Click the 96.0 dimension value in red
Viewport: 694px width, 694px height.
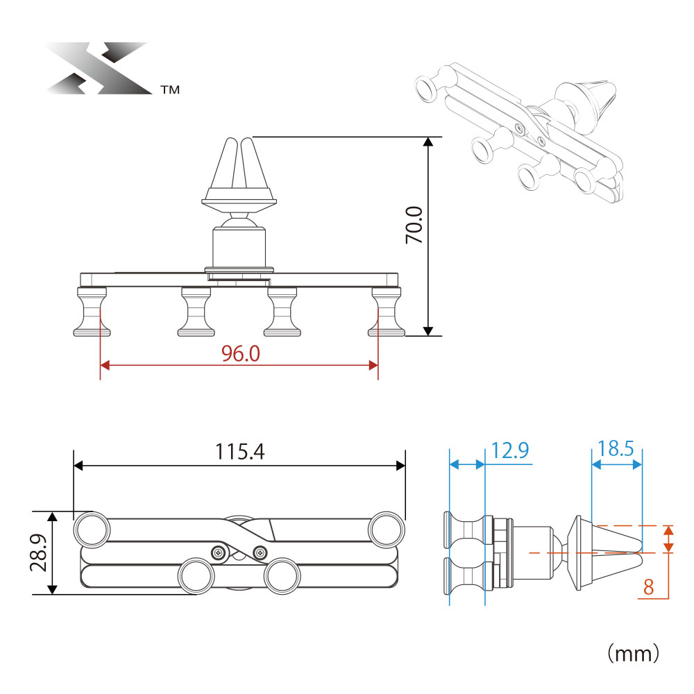(x=240, y=354)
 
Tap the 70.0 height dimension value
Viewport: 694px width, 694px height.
(x=414, y=225)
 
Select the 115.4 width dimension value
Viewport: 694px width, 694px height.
(x=239, y=452)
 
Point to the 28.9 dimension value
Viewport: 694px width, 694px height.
(x=39, y=552)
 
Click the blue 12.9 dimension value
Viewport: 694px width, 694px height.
(x=510, y=450)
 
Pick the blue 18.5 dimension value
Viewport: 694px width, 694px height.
(x=616, y=449)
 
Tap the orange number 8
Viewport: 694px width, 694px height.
(x=648, y=587)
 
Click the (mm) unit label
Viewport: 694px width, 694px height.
(x=633, y=653)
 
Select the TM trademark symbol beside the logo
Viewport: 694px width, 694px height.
(x=171, y=90)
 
